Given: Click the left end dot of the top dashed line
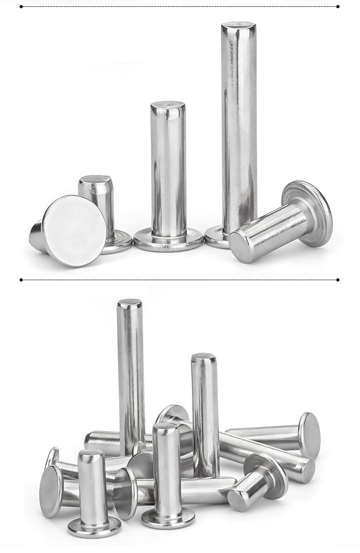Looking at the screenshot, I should coord(21,6).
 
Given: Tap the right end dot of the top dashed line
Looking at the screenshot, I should coord(338,6).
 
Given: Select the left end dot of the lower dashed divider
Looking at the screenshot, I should coord(21,280).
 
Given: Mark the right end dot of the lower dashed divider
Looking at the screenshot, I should coord(338,280).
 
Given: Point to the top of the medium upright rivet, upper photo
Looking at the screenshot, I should coord(168,106).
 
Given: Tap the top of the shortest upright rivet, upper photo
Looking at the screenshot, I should coord(95,178).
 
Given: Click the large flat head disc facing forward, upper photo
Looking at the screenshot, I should coord(75,231).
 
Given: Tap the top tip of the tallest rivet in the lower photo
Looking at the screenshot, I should coord(129,303).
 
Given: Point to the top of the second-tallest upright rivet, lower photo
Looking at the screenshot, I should coord(203,357).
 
